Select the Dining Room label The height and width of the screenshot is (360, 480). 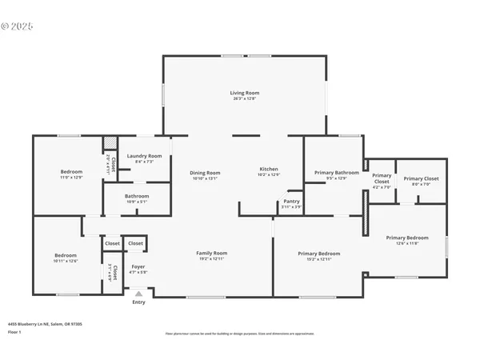coord(205,173)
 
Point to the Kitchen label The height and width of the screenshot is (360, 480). coord(269,169)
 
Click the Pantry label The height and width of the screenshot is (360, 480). coord(292,202)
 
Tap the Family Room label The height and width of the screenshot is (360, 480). coord(212,253)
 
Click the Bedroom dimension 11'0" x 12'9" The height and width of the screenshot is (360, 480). coord(71,178)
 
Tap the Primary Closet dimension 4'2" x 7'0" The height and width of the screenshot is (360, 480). coord(382,187)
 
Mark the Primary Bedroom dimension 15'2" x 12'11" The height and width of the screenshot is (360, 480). coord(318,259)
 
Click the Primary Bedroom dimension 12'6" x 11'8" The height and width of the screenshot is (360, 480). coord(407,243)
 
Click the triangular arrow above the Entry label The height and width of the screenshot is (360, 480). coord(139,294)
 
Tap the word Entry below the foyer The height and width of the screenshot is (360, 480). coord(139,302)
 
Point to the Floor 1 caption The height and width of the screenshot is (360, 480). coord(15,330)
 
